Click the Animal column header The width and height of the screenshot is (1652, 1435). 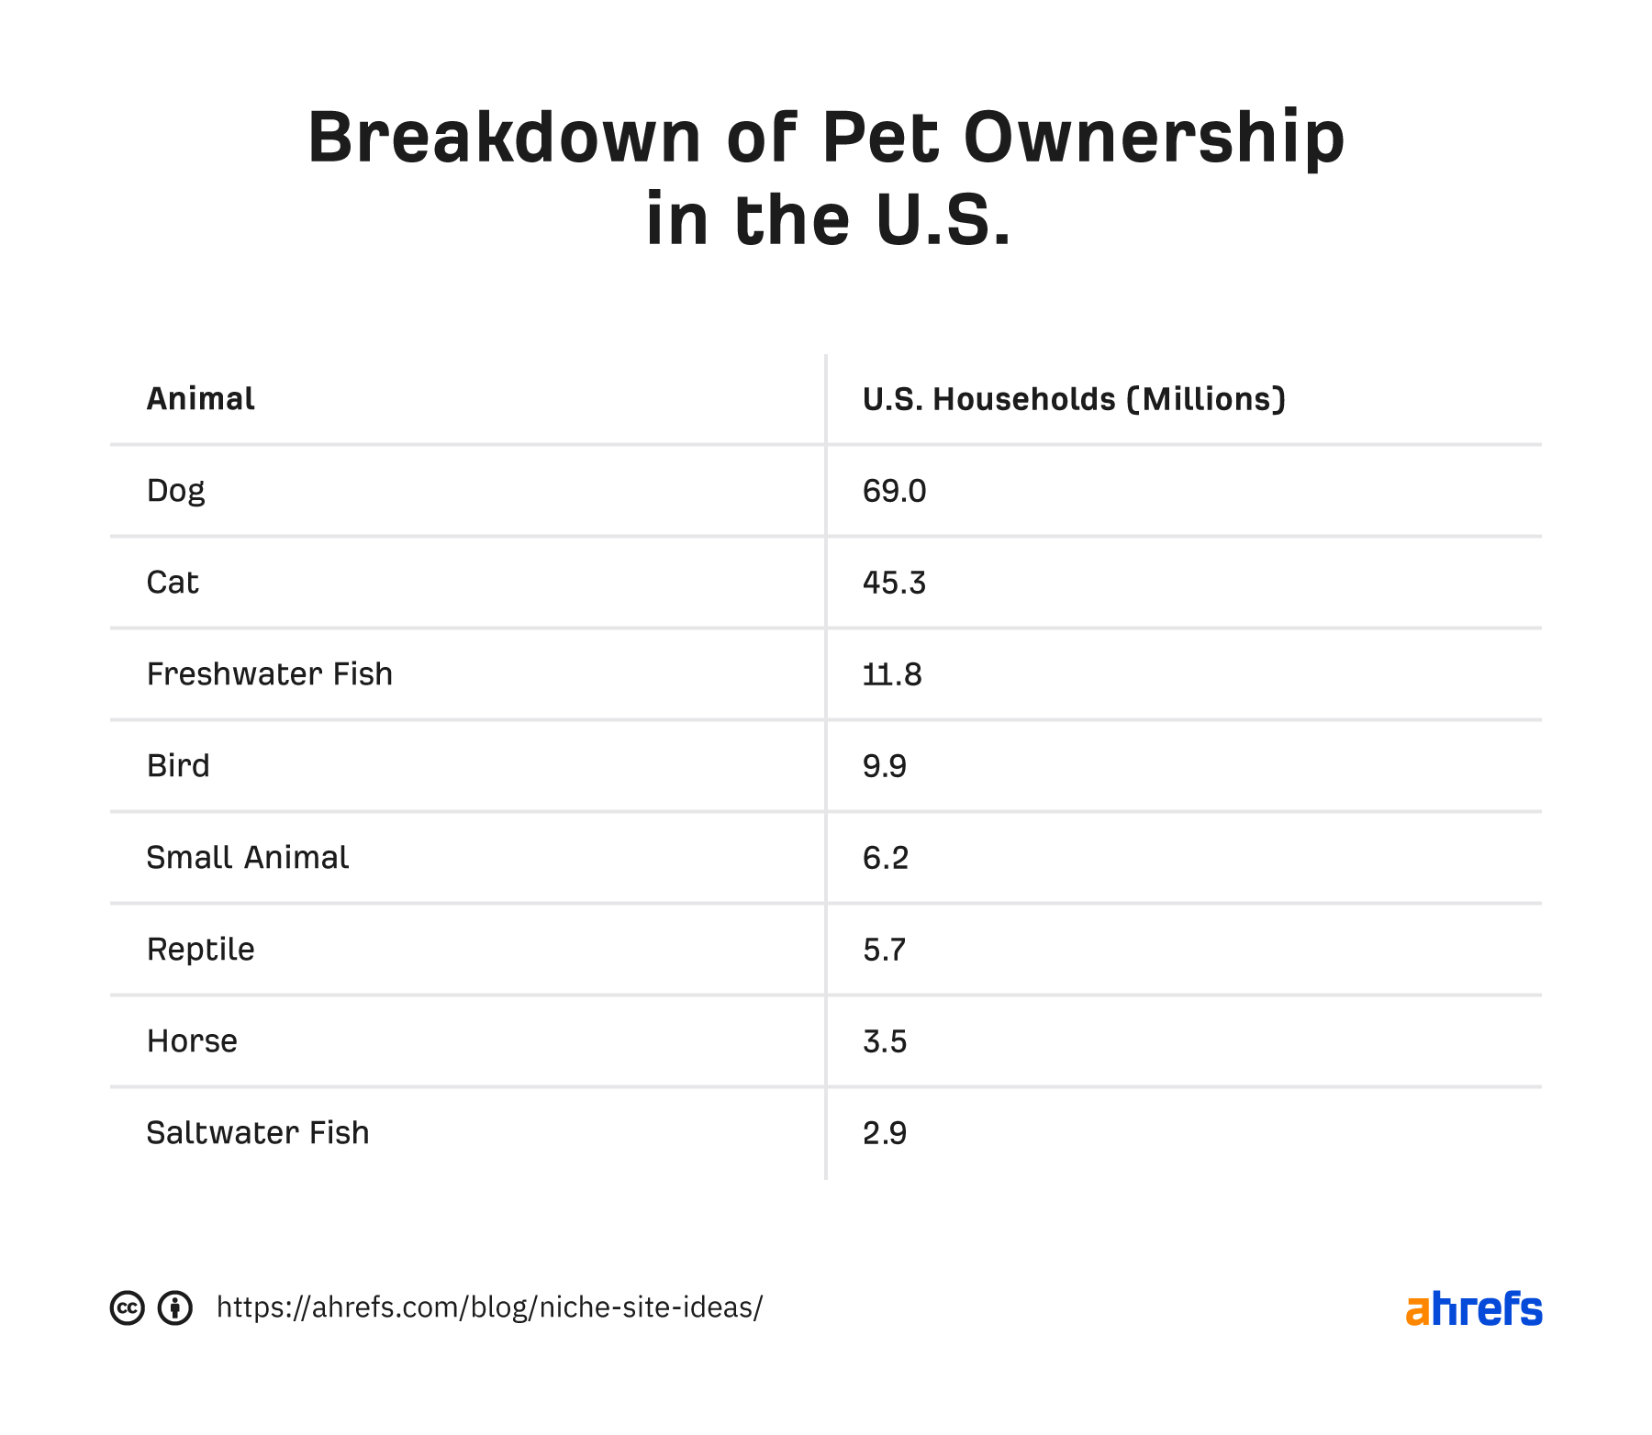click(x=200, y=399)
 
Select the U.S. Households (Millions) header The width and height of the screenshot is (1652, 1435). click(x=1073, y=399)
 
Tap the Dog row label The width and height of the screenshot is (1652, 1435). click(x=175, y=491)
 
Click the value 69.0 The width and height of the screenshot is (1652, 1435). click(x=894, y=491)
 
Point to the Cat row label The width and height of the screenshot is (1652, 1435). click(x=173, y=583)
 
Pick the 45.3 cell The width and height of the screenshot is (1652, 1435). click(x=894, y=583)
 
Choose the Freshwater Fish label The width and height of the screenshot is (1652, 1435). click(x=269, y=674)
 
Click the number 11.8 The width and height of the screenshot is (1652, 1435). click(x=891, y=674)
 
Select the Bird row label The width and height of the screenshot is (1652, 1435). click(x=178, y=766)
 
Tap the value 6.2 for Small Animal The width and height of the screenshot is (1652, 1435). click(x=885, y=858)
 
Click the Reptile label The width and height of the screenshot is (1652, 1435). click(x=200, y=950)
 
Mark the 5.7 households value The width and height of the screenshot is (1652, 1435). click(x=884, y=950)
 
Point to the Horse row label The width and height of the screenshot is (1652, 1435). click(x=192, y=1041)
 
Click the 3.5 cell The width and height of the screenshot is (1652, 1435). click(x=884, y=1041)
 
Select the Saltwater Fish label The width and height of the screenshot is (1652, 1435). click(x=257, y=1133)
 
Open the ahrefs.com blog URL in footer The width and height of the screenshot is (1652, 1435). click(x=489, y=1307)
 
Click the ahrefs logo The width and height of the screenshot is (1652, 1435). click(x=1473, y=1309)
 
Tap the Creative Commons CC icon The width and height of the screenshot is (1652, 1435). click(x=128, y=1307)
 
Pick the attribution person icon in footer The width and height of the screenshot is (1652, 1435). click(x=174, y=1307)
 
